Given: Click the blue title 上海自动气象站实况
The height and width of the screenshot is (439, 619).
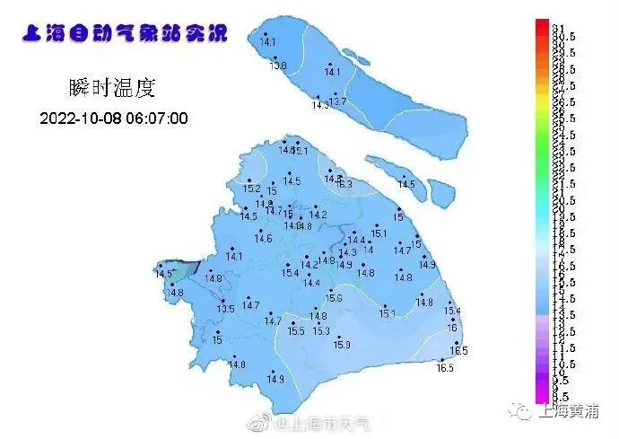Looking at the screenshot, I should [x=123, y=34].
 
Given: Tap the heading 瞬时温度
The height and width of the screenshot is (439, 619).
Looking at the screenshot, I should [x=112, y=87].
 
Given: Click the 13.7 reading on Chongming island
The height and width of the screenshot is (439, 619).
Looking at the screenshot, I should [x=337, y=102].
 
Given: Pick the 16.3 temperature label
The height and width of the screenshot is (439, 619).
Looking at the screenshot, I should [x=344, y=184].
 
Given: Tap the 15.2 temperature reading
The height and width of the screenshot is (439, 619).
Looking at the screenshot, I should [x=252, y=189].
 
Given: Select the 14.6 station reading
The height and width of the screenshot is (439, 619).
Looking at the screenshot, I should [x=263, y=238].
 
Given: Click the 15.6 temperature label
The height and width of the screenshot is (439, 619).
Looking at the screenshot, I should [x=333, y=298].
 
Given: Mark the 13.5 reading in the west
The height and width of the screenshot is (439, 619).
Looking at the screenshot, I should [x=225, y=309].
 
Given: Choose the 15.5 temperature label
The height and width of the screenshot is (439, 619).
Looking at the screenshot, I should [x=296, y=331].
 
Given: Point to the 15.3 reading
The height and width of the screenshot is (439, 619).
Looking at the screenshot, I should [x=321, y=331].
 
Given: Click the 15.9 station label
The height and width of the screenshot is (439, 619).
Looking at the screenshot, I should [x=342, y=345].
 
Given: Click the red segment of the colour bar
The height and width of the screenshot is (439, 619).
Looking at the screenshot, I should [x=542, y=29].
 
